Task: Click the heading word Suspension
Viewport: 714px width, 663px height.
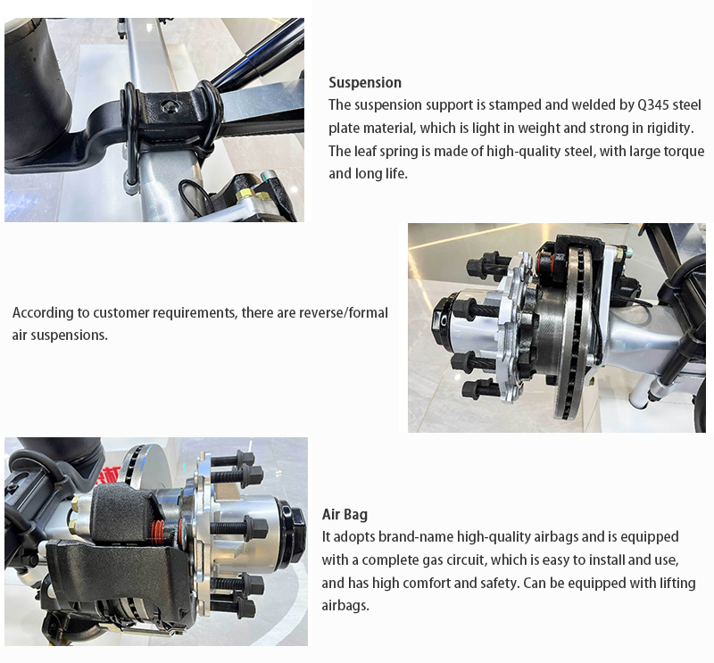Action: (365, 82)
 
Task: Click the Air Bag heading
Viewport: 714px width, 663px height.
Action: (345, 515)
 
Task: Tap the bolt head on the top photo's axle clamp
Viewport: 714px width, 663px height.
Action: (169, 106)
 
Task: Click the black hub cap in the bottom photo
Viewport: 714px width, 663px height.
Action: (295, 531)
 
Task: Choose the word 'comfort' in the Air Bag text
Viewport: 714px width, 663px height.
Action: (428, 583)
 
